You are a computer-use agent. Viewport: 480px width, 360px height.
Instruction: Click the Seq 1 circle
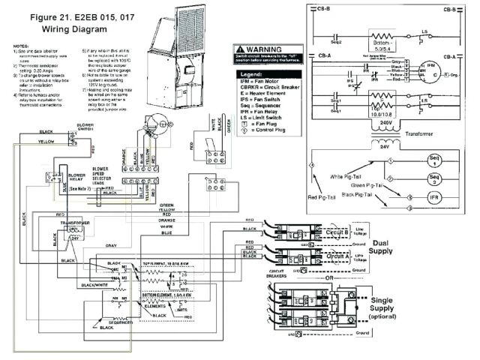(435, 160)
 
